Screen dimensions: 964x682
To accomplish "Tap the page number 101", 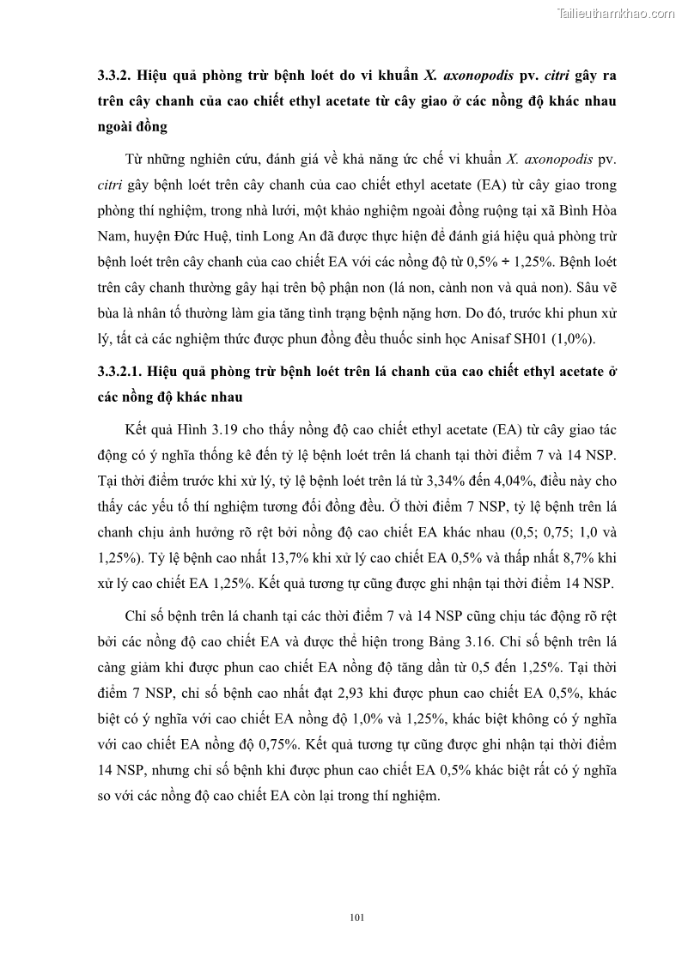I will coord(358,917).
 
